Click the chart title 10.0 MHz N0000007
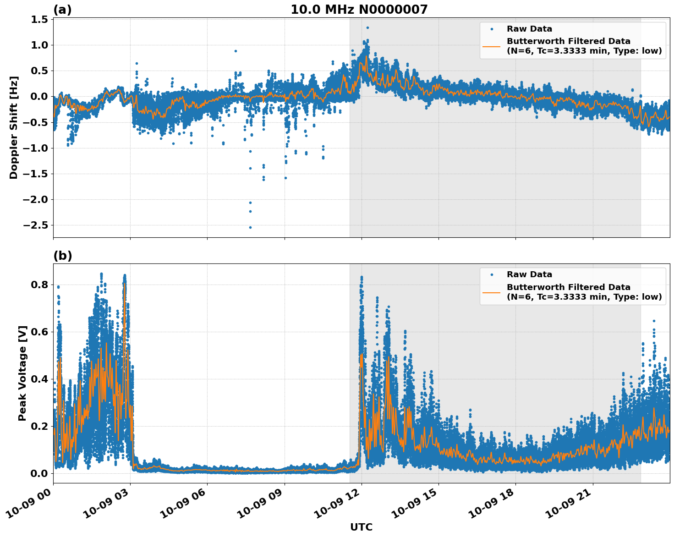coord(359,10)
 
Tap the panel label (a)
coord(62,10)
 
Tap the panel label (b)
coord(62,256)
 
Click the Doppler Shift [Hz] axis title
coord(14,127)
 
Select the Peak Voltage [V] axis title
coord(22,373)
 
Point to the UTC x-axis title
coord(361,527)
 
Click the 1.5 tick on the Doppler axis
coord(40,19)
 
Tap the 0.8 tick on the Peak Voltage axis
coord(40,285)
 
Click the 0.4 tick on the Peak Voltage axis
coord(40,379)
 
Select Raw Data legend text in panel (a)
coord(529,29)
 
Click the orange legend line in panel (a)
coord(491,46)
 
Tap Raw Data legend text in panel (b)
coord(529,274)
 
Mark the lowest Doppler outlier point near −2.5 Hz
coord(250,227)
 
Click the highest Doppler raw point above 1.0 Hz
coord(367,27)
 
